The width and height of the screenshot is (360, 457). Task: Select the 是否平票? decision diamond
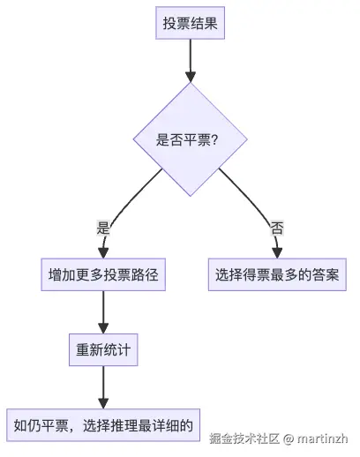pos(189,139)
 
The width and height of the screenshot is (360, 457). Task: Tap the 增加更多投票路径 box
pos(104,275)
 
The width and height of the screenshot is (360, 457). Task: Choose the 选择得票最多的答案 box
pos(277,275)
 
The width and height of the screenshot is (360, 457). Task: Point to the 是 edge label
pos(102,226)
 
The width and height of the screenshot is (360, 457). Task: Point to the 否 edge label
pos(277,227)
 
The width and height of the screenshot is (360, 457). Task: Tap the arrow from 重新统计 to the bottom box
pos(104,385)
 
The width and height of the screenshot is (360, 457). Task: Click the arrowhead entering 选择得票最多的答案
pos(277,251)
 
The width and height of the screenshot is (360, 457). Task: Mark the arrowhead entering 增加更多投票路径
pos(104,251)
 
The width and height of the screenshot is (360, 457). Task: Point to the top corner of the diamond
pos(189,85)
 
